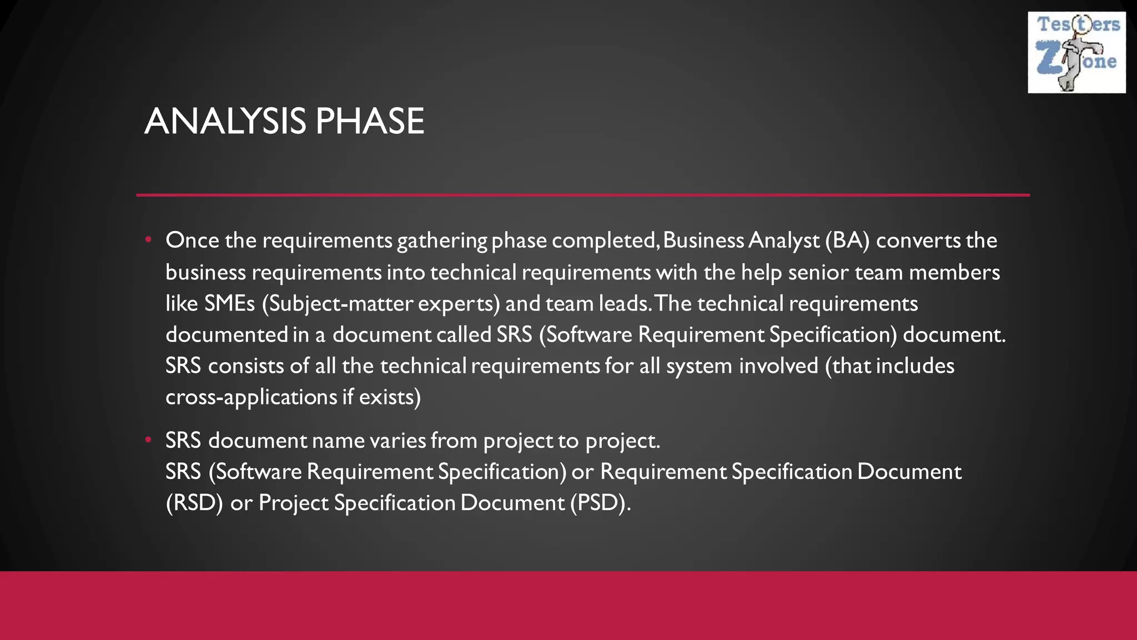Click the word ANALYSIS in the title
pyautogui.click(x=225, y=121)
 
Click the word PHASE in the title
pyautogui.click(x=370, y=121)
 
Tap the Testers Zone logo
pyautogui.click(x=1076, y=52)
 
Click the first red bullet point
pyautogui.click(x=148, y=239)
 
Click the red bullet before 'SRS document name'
pyautogui.click(x=148, y=439)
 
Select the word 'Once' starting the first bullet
pyautogui.click(x=192, y=240)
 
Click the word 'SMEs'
pyautogui.click(x=229, y=303)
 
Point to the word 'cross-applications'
pyautogui.click(x=251, y=397)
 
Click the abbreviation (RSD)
pyautogui.click(x=194, y=503)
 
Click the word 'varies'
pyautogui.click(x=397, y=441)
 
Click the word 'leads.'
pyautogui.click(x=624, y=303)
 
